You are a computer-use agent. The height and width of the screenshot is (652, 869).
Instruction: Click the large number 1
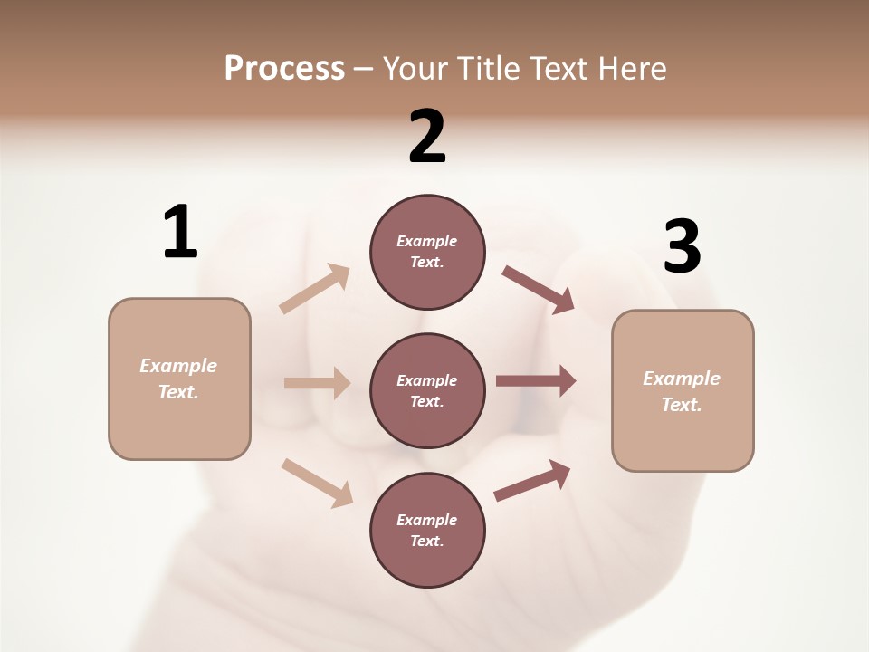pyautogui.click(x=180, y=232)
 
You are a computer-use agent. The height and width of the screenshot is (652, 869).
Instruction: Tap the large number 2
pyautogui.click(x=427, y=137)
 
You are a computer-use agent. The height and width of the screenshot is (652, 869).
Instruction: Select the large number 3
pyautogui.click(x=682, y=247)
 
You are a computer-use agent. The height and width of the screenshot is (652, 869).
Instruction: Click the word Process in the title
pyautogui.click(x=284, y=69)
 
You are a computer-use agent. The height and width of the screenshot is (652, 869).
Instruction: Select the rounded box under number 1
pyautogui.click(x=179, y=379)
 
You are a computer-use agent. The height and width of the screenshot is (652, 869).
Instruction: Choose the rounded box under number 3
pyautogui.click(x=683, y=390)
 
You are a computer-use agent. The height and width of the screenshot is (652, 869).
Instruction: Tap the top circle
pyautogui.click(x=427, y=252)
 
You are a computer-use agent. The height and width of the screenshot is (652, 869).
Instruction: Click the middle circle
pyautogui.click(x=427, y=390)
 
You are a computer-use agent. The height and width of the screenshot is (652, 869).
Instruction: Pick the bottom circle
pyautogui.click(x=427, y=530)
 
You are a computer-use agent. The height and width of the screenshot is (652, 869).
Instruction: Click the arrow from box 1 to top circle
pyautogui.click(x=315, y=289)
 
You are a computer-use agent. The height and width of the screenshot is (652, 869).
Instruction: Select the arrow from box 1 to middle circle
pyautogui.click(x=317, y=383)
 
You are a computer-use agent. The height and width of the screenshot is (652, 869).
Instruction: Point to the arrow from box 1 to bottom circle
pyautogui.click(x=317, y=482)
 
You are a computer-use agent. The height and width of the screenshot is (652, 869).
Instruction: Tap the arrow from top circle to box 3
pyautogui.click(x=539, y=290)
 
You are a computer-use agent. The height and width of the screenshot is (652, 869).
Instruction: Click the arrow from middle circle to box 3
pyautogui.click(x=536, y=381)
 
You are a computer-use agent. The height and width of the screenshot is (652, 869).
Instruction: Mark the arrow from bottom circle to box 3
pyautogui.click(x=532, y=481)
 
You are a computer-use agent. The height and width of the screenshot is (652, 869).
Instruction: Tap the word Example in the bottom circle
pyautogui.click(x=427, y=520)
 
